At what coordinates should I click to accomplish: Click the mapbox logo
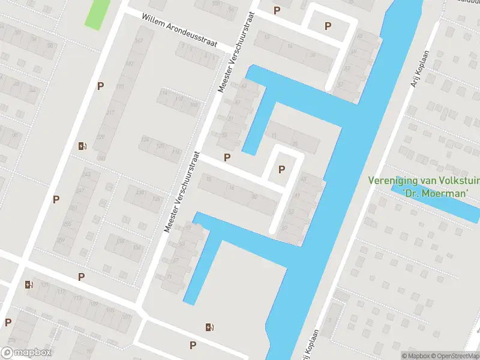click(26, 353)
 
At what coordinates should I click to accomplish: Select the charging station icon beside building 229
click(82, 145)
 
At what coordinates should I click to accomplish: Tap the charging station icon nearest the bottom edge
click(209, 327)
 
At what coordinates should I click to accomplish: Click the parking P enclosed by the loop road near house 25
click(281, 170)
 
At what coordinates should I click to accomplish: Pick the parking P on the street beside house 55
click(227, 157)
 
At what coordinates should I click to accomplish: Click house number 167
click(140, 41)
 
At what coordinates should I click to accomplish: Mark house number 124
click(144, 139)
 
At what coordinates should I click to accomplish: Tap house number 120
click(160, 146)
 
